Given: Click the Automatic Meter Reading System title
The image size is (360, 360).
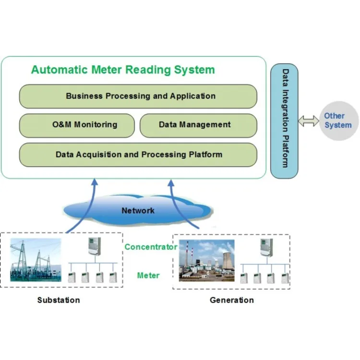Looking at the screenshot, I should coord(123,70).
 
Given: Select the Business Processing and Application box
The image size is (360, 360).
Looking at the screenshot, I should coord(138,96).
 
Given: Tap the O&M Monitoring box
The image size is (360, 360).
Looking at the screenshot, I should coord(77,125).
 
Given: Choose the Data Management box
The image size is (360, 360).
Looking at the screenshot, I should coord(198,125).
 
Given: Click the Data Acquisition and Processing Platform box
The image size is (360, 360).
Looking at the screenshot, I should coord(138,155).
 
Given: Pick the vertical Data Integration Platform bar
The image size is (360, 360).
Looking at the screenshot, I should coord(285,120).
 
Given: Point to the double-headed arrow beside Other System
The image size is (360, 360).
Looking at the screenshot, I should coord(308,121).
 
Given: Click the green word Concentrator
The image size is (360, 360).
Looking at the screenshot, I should coord(151,247).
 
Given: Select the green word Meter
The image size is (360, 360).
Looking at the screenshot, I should coord(148,276).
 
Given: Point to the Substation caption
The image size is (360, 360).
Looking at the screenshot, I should coord(59,300).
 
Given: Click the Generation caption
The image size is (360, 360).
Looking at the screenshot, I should coord(232,300).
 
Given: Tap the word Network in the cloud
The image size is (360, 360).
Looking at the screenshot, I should coord(138,210).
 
